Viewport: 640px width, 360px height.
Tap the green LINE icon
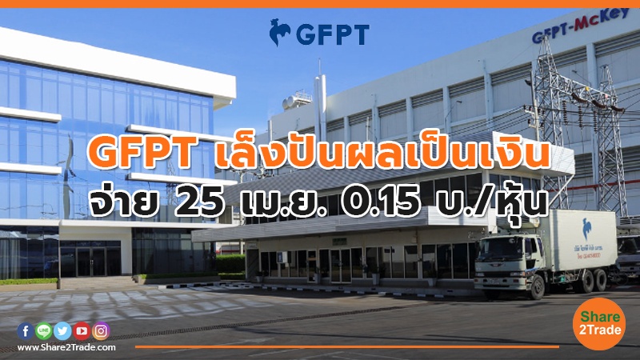43,330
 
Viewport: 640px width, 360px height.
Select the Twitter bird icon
62,330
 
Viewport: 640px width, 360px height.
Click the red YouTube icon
82,330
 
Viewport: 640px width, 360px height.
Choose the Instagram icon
101,330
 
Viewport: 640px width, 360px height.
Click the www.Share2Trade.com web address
66,347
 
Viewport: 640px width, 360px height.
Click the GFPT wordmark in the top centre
332,34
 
